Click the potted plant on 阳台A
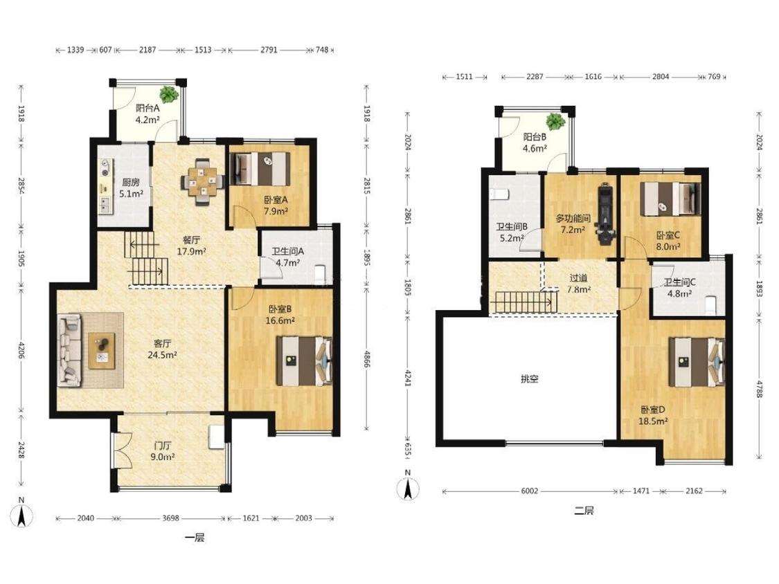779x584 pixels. click(x=169, y=94)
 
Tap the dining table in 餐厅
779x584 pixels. click(x=202, y=181)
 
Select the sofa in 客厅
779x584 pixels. click(x=69, y=350)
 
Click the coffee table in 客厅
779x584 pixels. click(x=102, y=351)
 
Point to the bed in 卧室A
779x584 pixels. click(x=262, y=169)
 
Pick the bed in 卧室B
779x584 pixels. click(x=304, y=361)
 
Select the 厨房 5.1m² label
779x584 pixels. click(x=131, y=188)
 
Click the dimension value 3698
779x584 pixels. click(x=170, y=518)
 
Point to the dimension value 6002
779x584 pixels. click(x=530, y=491)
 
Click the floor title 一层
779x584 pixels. click(x=195, y=538)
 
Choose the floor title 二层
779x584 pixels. click(x=584, y=511)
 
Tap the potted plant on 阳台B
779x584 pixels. click(x=555, y=120)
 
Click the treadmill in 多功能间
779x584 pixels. click(x=605, y=213)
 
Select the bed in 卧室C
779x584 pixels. click(x=670, y=199)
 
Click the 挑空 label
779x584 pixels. click(x=530, y=379)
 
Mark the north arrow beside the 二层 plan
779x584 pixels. click(x=408, y=487)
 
